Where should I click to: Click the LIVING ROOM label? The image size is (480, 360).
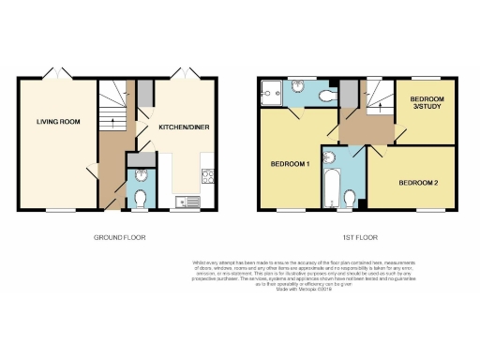tap(55, 121)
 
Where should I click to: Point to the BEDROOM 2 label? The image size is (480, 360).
tap(417, 181)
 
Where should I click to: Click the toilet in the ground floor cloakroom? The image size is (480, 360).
tap(140, 198)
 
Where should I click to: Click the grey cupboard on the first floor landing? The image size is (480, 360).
tap(347, 94)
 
